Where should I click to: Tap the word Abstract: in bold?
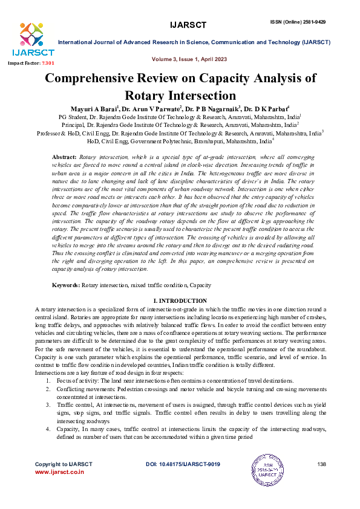[65, 157]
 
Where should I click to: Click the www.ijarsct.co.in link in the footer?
[59, 472]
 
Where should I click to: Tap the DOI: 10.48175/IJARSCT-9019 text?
[183, 464]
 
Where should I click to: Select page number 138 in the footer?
[321, 464]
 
